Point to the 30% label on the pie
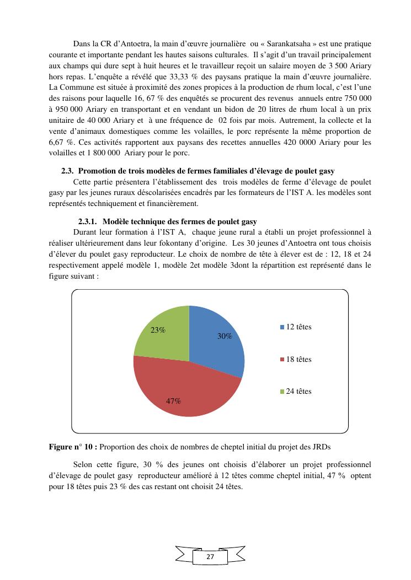pos(225,336)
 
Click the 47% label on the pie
pos(174,401)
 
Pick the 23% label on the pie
pos(158,330)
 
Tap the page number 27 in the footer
pos(210,557)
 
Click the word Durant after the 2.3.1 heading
pos(84,232)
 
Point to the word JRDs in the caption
pos(324,447)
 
